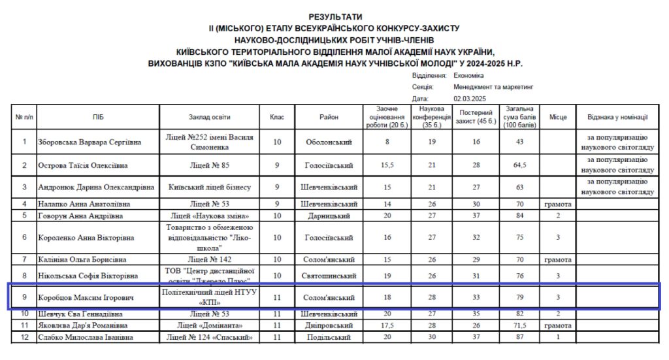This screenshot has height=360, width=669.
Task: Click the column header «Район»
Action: (x=329, y=117)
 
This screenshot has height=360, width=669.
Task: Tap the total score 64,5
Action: (x=520, y=165)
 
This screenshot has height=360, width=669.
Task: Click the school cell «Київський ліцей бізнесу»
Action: (x=210, y=187)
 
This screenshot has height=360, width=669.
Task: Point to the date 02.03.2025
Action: (x=470, y=98)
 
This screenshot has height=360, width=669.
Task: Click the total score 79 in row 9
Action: (x=520, y=298)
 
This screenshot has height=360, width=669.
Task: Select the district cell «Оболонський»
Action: (x=329, y=142)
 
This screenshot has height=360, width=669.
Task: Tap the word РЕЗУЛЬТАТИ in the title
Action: (x=335, y=16)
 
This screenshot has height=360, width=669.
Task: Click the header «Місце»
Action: (x=557, y=117)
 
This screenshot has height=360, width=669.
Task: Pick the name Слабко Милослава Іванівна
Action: (x=85, y=337)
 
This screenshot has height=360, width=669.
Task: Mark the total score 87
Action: (x=520, y=337)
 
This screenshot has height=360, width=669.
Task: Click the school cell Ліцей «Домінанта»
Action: (x=210, y=325)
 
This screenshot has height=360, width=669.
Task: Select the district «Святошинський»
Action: (x=329, y=276)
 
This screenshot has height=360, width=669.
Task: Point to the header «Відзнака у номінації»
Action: (x=617, y=117)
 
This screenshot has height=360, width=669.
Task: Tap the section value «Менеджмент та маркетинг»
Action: (x=493, y=86)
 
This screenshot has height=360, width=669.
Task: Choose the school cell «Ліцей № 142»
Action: (x=210, y=259)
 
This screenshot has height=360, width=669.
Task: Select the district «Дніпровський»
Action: (x=329, y=325)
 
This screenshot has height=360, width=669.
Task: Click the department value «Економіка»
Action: (x=468, y=75)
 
